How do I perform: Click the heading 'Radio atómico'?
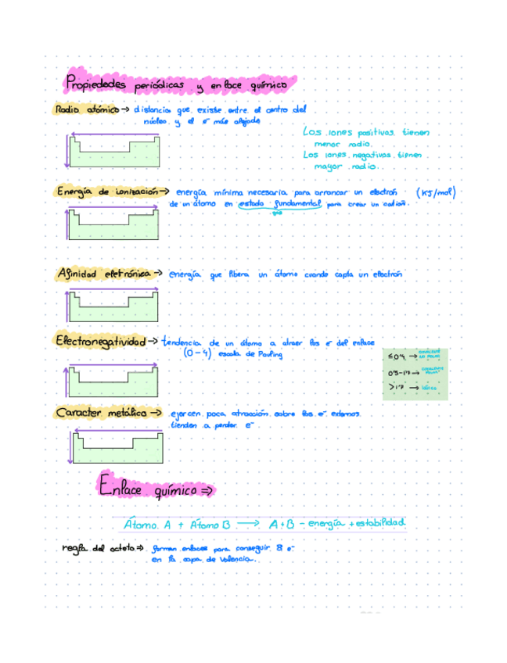tap(84, 110)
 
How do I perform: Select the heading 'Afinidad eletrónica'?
tap(102, 274)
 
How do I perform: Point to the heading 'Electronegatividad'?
tap(99, 341)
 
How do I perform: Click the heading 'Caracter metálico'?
tap(100, 412)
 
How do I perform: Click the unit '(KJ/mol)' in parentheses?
tap(436, 193)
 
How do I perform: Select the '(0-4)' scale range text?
tap(195, 354)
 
